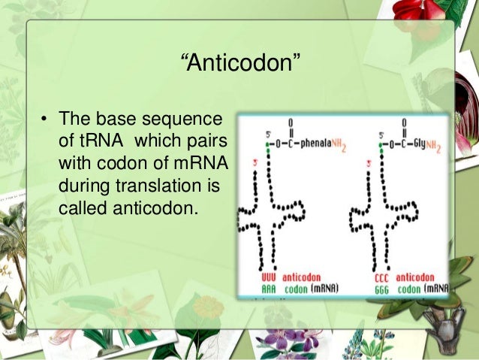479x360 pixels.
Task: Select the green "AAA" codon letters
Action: click(x=269, y=288)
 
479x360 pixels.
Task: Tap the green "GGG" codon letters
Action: click(x=382, y=288)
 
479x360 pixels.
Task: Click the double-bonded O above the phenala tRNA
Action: click(x=291, y=121)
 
